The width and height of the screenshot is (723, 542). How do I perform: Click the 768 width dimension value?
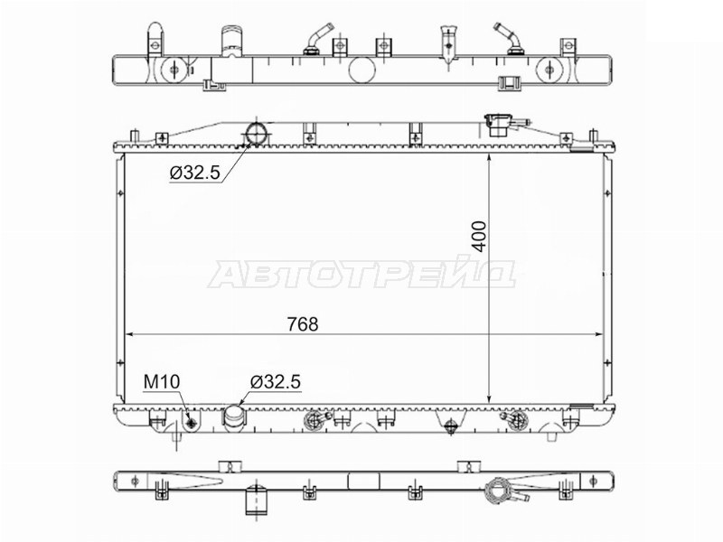click(x=303, y=324)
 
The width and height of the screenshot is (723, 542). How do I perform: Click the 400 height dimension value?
click(x=480, y=237)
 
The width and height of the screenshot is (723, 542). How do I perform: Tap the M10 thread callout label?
click(x=162, y=382)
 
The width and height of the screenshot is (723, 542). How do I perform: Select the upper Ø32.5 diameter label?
click(x=195, y=173)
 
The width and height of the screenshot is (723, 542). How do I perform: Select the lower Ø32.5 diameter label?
click(x=276, y=382)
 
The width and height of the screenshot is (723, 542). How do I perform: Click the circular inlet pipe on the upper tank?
click(x=256, y=134)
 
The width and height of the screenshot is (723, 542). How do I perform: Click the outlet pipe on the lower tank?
click(x=235, y=418)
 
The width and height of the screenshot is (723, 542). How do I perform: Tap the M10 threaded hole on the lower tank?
click(x=192, y=421)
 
